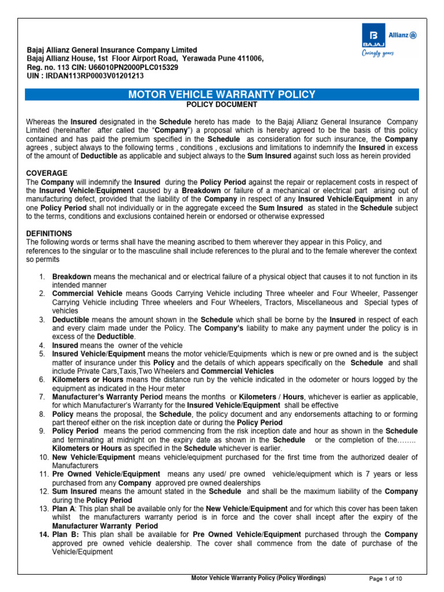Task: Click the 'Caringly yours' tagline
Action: (x=378, y=54)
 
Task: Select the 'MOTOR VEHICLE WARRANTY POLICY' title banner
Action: (x=221, y=95)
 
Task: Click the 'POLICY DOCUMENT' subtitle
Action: (x=221, y=105)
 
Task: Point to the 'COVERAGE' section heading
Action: (x=47, y=173)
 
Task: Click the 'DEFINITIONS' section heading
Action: (x=49, y=233)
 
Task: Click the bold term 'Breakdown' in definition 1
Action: (x=72, y=277)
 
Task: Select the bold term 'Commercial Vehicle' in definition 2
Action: (x=87, y=294)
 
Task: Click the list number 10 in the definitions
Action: (x=42, y=457)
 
